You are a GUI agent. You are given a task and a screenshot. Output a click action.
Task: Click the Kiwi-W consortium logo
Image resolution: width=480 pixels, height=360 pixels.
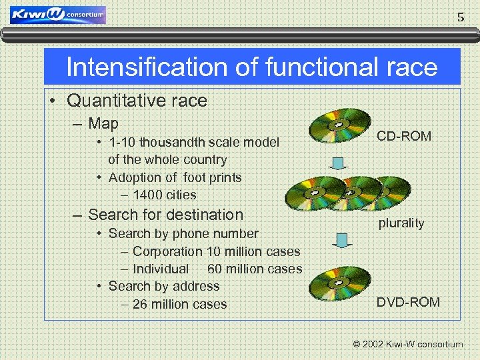58,15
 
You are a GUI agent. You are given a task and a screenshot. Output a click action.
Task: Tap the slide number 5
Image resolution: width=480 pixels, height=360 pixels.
461,17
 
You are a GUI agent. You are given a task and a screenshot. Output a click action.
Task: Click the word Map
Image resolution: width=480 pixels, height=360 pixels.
103,123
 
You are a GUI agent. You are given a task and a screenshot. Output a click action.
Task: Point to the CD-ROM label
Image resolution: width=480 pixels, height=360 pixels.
404,136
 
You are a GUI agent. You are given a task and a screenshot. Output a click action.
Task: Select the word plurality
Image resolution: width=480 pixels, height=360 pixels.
401,223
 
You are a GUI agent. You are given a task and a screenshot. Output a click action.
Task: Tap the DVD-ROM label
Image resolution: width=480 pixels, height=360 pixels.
408,302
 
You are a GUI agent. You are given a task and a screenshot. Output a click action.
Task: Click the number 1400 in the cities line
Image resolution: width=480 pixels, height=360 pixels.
146,195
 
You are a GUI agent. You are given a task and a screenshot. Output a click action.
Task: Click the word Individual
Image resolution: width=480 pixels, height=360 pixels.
161,269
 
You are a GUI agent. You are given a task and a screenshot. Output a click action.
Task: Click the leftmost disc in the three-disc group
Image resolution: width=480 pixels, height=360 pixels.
312,190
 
